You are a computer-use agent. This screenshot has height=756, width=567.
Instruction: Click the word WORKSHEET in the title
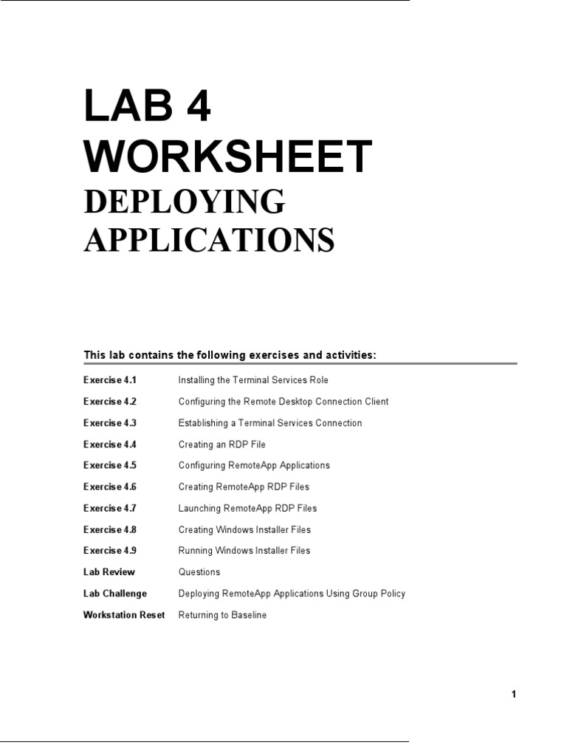tap(227, 157)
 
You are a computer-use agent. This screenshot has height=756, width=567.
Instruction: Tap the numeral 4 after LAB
tap(194, 107)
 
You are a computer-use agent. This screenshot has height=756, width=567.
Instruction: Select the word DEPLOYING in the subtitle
tap(184, 202)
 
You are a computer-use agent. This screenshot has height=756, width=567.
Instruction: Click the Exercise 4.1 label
tap(110, 380)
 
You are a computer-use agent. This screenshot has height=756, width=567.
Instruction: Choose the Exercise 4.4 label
tap(110, 444)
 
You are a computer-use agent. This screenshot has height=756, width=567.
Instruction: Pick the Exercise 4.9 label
tap(110, 551)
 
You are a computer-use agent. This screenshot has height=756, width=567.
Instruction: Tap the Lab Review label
tap(109, 572)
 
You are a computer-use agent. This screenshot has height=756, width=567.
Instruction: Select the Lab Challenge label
tap(115, 594)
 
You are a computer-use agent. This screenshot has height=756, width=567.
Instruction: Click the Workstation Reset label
tap(124, 615)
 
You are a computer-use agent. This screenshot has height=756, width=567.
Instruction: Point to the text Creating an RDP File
tap(221, 444)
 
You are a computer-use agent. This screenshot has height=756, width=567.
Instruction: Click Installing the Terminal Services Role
tap(253, 380)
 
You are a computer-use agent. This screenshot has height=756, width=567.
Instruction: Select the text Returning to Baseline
tap(222, 615)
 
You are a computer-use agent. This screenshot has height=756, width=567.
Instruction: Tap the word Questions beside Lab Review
tap(199, 572)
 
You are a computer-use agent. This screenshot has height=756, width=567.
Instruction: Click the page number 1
tap(514, 694)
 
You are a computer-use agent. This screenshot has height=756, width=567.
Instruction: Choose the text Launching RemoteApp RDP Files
tap(247, 508)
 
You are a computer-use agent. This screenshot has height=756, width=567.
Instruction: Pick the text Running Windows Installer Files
tap(244, 551)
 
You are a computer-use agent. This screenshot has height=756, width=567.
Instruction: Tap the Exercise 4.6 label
tap(110, 487)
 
